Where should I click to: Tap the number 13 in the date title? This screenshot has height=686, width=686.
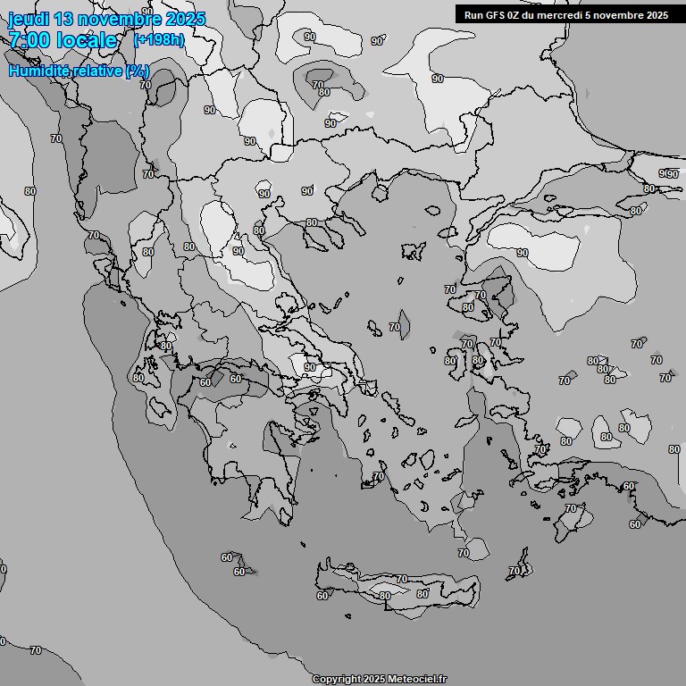click(64, 19)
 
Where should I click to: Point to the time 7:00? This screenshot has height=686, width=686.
click(28, 40)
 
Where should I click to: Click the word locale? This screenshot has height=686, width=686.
click(87, 40)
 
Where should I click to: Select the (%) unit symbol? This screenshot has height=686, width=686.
click(138, 71)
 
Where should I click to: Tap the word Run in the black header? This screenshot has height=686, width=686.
click(473, 15)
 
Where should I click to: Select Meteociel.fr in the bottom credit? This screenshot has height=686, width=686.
click(417, 680)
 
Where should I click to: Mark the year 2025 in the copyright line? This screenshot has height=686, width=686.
click(374, 680)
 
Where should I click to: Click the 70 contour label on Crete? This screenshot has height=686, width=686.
click(401, 580)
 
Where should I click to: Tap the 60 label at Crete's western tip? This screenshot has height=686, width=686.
click(322, 596)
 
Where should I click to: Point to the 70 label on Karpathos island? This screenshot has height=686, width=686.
click(514, 571)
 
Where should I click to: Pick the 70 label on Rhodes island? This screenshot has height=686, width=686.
click(571, 508)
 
